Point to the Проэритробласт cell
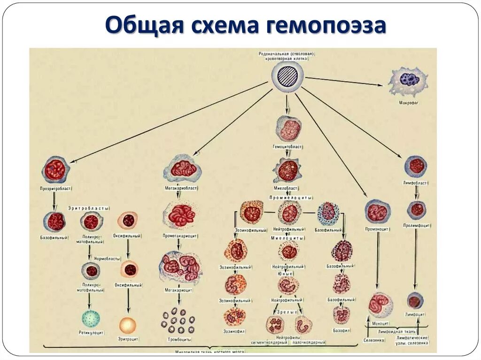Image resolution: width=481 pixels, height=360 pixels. point(55,170)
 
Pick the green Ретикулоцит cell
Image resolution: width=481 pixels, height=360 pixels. point(91,319)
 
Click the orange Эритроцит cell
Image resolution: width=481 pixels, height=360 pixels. point(128,325)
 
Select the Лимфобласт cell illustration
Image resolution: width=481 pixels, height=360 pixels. point(416,166)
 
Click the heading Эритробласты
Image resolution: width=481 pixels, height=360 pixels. point(89,207)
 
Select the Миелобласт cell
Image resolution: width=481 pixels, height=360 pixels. point(287,170)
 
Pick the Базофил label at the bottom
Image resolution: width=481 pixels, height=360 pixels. point(341,330)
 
